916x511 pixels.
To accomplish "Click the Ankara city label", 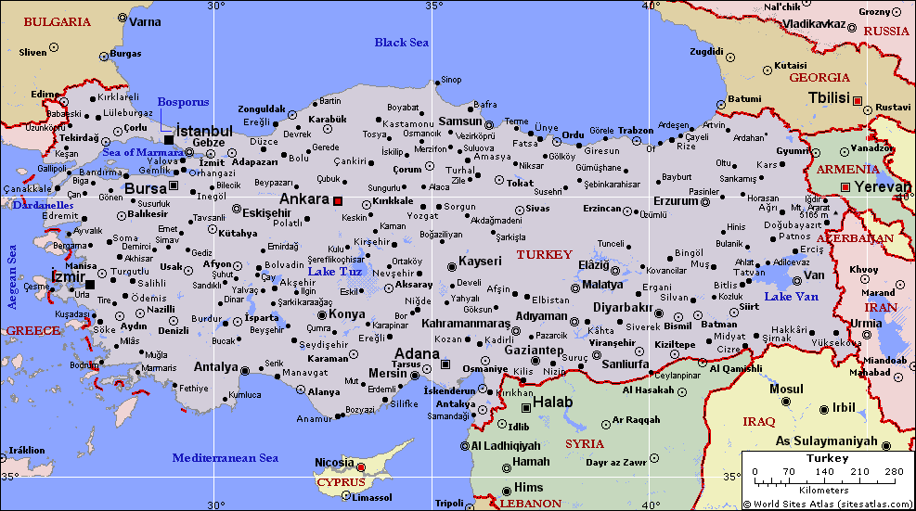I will (x=304, y=199).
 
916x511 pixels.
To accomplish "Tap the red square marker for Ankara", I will (x=339, y=200).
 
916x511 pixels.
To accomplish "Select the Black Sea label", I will (x=402, y=43).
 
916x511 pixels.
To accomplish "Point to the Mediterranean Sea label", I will (x=226, y=458).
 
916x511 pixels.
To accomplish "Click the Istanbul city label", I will (x=204, y=131).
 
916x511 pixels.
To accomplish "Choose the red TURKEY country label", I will (x=545, y=254).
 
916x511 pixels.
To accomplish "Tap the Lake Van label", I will (x=791, y=297).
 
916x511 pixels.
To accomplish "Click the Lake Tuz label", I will (x=334, y=272).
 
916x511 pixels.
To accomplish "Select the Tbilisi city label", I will (x=829, y=98).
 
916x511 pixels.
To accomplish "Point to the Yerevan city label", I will (x=883, y=186).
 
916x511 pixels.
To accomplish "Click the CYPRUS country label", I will (x=342, y=482).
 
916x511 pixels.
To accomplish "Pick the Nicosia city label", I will (x=334, y=462).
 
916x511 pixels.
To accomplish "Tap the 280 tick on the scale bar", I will (x=894, y=472).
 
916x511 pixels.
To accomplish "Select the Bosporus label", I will (x=184, y=102).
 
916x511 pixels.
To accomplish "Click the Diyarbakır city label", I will (x=624, y=307).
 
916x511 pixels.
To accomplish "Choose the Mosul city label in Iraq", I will (x=786, y=390).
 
